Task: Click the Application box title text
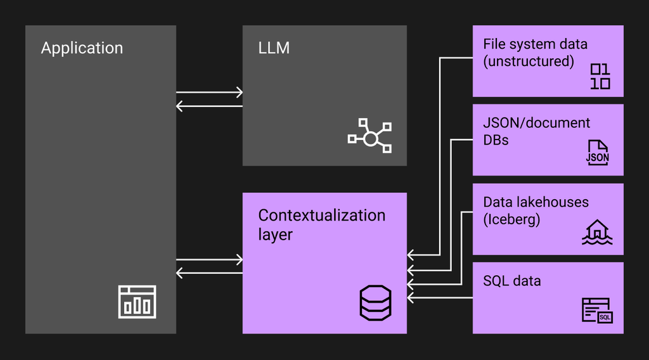click(x=82, y=48)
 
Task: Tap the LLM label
click(x=274, y=48)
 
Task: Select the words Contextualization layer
click(x=321, y=225)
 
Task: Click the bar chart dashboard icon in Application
click(x=137, y=302)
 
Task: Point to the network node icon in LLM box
click(x=369, y=136)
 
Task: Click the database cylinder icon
click(x=375, y=303)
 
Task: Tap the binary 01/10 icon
click(x=600, y=77)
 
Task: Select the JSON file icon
click(x=597, y=153)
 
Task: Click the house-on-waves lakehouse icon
click(x=597, y=232)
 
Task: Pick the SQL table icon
click(x=597, y=311)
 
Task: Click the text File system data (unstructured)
click(x=535, y=53)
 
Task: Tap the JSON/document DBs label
click(x=536, y=131)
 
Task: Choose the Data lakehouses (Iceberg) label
click(x=536, y=210)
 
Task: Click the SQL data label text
click(x=512, y=281)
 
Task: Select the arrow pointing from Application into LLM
click(x=209, y=93)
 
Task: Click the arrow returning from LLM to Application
click(x=209, y=106)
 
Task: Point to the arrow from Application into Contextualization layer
click(x=209, y=260)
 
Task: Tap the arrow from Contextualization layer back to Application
click(x=209, y=273)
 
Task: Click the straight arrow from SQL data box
click(x=440, y=297)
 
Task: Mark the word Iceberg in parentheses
click(x=511, y=219)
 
